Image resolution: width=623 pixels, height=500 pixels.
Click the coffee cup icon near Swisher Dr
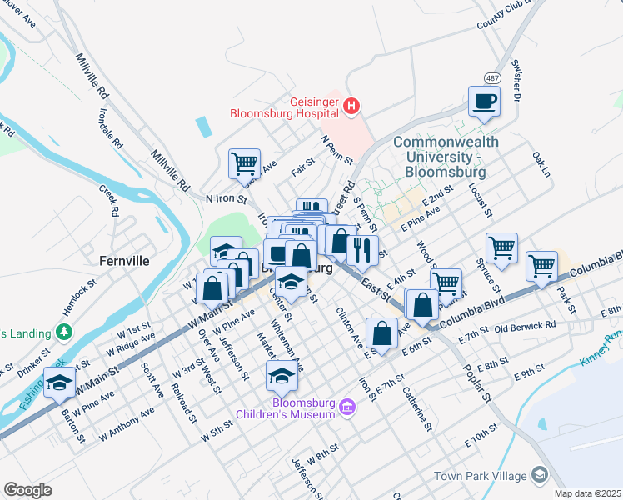[x=484, y=102]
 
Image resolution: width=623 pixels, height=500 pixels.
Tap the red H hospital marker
[x=351, y=106]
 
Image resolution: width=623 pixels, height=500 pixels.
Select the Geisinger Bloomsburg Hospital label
[x=285, y=106]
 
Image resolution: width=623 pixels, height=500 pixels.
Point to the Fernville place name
[x=122, y=260]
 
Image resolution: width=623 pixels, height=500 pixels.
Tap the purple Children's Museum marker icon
[x=347, y=406]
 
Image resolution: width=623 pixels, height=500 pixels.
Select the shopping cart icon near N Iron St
[x=244, y=162]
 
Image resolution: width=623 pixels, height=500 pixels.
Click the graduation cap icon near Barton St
[x=59, y=382]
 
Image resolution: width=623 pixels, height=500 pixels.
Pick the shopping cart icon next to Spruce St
[x=501, y=247]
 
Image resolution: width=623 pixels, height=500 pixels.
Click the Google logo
[x=27, y=489]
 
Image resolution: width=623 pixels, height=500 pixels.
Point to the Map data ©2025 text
[x=587, y=493]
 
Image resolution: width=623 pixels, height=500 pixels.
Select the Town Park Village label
[x=480, y=476]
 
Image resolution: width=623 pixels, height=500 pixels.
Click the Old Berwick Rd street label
[x=525, y=325]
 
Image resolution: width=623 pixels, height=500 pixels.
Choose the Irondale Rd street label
[x=113, y=127]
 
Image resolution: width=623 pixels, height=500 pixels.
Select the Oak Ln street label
[x=541, y=164]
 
